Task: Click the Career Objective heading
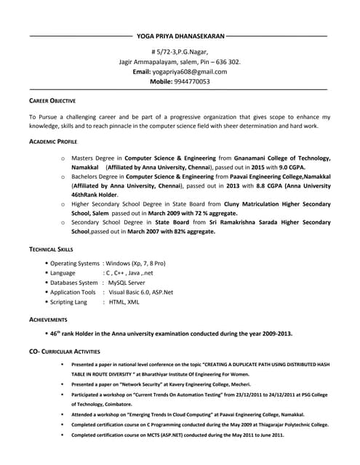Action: click(x=52, y=100)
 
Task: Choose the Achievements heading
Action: click(x=49, y=320)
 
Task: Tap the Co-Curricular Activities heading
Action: click(x=65, y=352)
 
